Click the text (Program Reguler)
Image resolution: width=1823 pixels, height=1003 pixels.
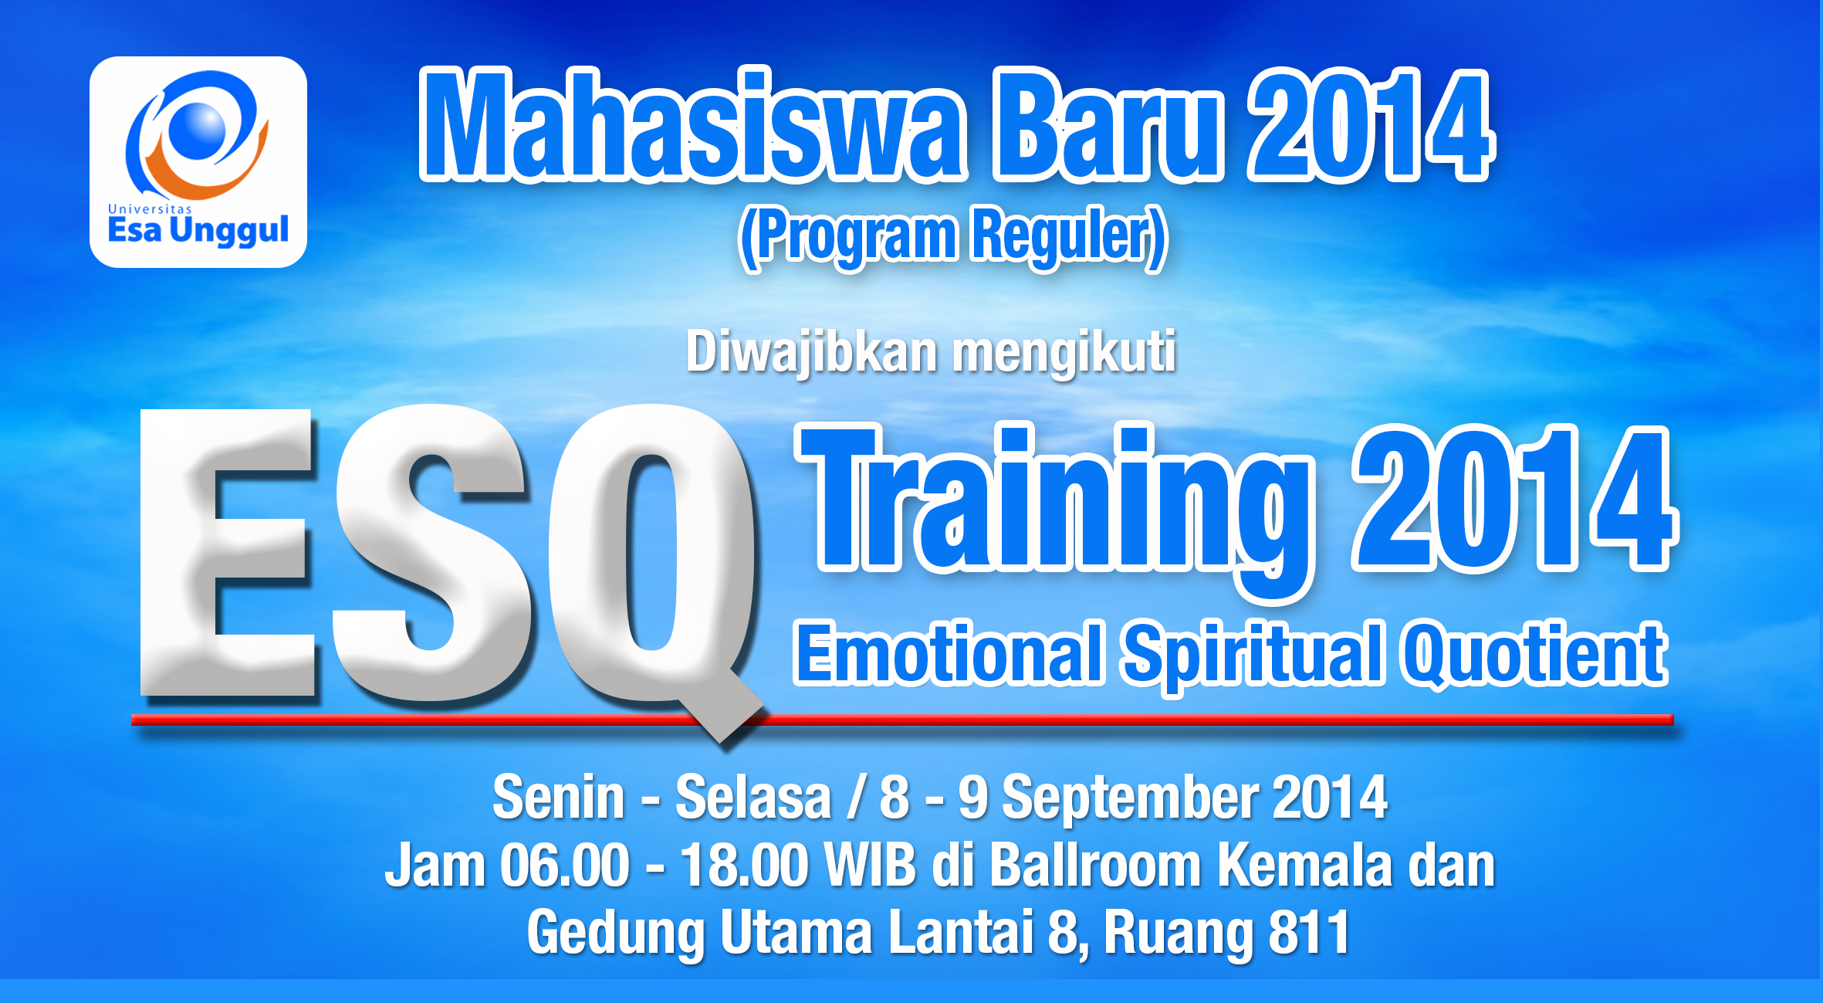[x=953, y=237]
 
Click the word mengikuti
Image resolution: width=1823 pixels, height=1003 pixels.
[x=1064, y=354]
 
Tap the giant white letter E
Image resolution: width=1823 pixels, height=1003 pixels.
[x=228, y=553]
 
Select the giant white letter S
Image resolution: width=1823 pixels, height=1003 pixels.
[x=432, y=553]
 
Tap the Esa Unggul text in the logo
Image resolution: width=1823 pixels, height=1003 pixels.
[x=198, y=230]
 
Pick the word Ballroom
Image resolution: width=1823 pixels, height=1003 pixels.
[x=1095, y=866]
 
